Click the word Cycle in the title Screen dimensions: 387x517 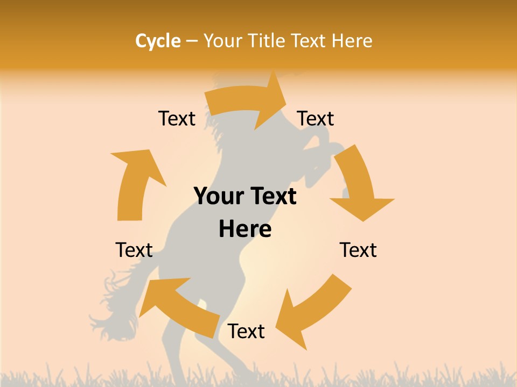[158, 41]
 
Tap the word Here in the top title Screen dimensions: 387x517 [352, 41]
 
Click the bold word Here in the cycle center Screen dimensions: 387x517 [245, 229]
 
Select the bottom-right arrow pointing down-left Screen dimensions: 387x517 [312, 309]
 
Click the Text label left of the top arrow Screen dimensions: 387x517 [177, 118]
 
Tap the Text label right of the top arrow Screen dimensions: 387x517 [316, 118]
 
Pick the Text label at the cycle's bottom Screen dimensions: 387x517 [246, 331]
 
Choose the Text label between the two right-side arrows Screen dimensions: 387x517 [358, 250]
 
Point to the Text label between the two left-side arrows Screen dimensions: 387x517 [134, 250]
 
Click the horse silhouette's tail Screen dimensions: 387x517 [116, 306]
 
